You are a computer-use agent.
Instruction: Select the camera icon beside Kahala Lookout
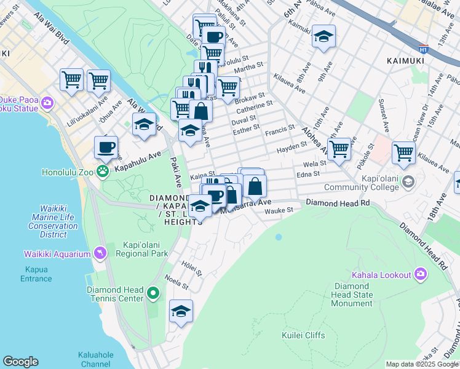coord(420,274)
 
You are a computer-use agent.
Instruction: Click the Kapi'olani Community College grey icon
coord(409,183)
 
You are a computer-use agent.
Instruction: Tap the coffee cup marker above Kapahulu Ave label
coord(106,148)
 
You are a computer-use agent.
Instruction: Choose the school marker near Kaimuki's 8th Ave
coord(323,37)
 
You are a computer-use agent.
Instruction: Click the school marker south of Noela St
coord(181,312)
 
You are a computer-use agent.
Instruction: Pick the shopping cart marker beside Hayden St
coord(339,149)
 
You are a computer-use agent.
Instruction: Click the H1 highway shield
coord(423,47)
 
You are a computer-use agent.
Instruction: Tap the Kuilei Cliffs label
coord(303,335)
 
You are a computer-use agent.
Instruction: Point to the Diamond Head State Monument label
coord(352,295)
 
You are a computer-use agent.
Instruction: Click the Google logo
coord(20,362)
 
